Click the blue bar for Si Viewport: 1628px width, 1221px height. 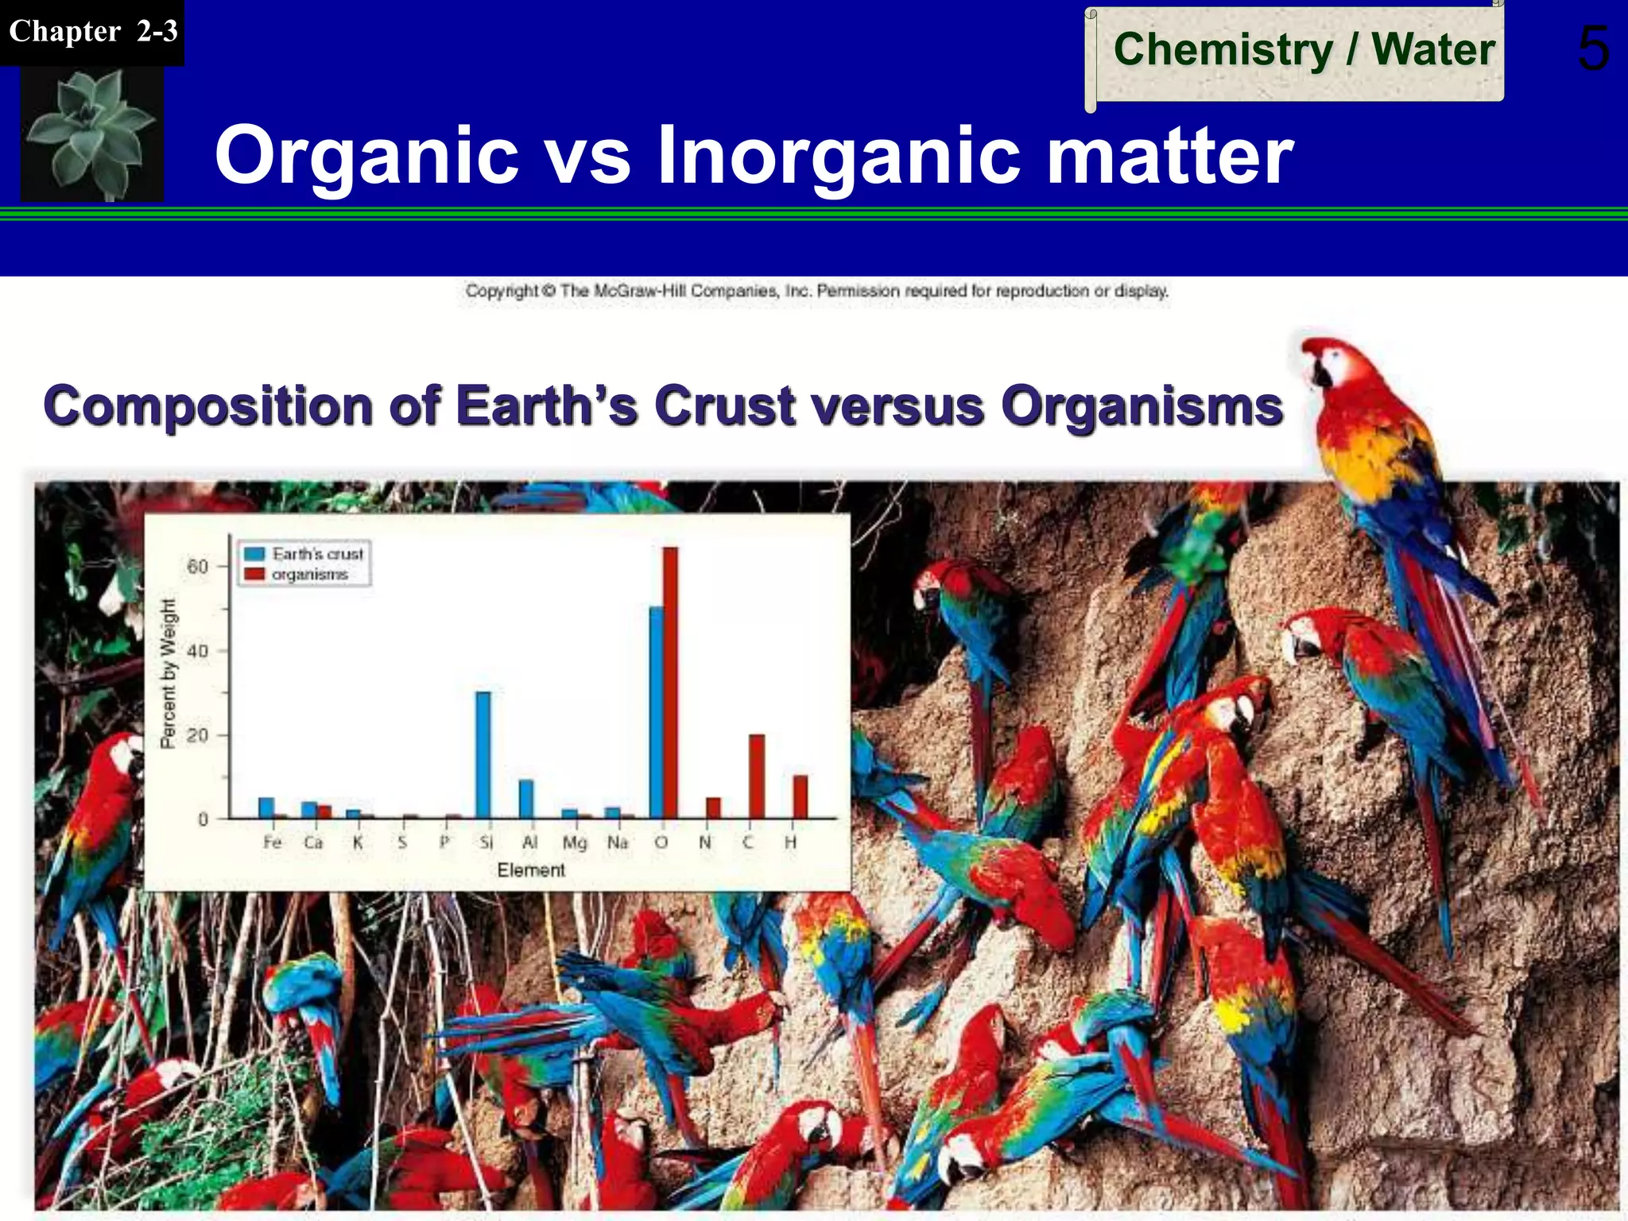(x=483, y=755)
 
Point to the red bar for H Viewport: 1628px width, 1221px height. (x=800, y=797)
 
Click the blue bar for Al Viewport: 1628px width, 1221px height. (x=526, y=799)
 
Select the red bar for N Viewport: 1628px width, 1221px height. (x=714, y=808)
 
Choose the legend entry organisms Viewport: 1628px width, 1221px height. (x=309, y=574)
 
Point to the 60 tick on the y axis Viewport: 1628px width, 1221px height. (x=197, y=566)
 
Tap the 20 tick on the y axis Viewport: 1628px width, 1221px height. (x=197, y=735)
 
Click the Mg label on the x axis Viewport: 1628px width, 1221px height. (x=574, y=843)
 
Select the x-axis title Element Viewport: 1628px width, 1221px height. (x=531, y=870)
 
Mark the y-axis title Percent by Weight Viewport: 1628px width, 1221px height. (x=167, y=673)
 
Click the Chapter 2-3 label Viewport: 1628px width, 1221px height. (x=92, y=32)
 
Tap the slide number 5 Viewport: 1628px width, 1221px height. (x=1592, y=49)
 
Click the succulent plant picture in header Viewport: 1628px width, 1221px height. (x=91, y=134)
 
